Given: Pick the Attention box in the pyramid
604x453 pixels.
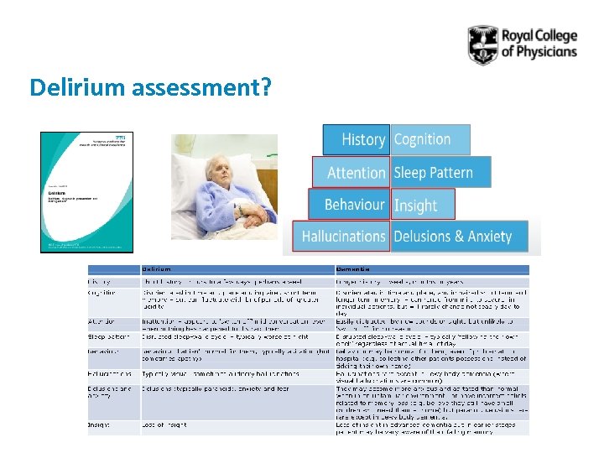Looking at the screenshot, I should tap(356, 173).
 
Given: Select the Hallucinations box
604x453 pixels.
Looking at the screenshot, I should tap(342, 237).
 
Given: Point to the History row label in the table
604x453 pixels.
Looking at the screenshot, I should tap(100, 280).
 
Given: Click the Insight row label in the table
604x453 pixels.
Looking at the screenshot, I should tap(100, 424).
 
